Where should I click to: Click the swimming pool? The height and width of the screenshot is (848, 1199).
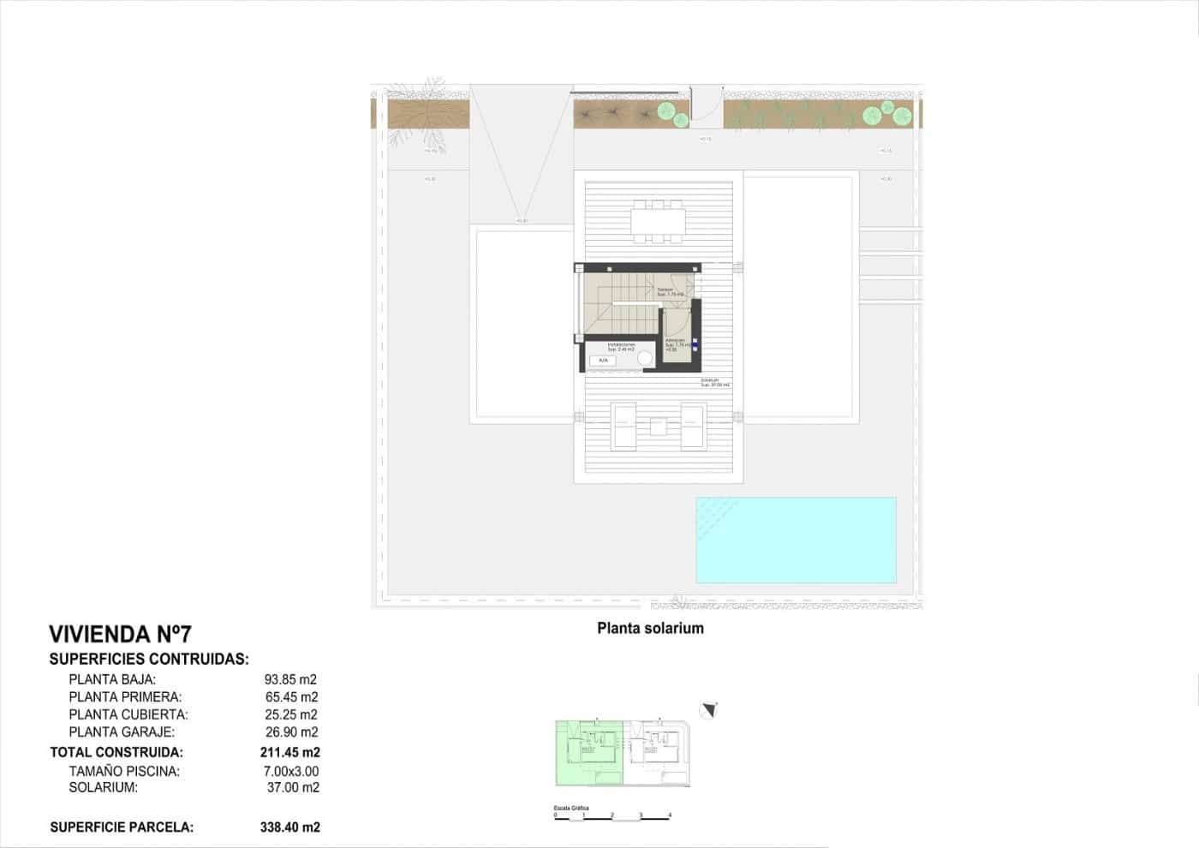[796, 540]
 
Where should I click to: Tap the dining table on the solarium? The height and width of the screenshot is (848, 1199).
[659, 220]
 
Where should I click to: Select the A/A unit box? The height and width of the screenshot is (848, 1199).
[603, 361]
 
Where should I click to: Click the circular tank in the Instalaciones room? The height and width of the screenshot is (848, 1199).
[645, 359]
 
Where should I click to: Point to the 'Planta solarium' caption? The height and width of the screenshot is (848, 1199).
[650, 628]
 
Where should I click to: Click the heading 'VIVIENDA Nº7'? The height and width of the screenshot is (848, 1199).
[120, 635]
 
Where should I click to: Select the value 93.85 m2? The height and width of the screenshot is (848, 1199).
[290, 679]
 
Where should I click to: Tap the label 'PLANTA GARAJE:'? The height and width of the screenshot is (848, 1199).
[122, 732]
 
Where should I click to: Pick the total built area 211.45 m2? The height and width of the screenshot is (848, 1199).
[289, 752]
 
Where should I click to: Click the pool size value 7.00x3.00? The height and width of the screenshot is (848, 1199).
[290, 771]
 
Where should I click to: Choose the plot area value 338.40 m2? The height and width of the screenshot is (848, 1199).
[289, 827]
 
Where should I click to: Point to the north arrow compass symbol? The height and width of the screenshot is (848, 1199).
[708, 710]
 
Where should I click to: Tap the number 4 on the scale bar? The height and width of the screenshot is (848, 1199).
[670, 815]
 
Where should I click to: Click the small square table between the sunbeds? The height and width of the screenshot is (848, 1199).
[659, 426]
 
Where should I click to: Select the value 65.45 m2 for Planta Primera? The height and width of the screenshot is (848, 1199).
[291, 697]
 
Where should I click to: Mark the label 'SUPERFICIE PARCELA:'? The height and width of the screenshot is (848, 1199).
[122, 827]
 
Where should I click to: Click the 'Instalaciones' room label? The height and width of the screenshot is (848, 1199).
[621, 345]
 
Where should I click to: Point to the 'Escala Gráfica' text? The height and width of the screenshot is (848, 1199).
[571, 808]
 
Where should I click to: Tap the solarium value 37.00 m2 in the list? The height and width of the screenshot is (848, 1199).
[292, 787]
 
